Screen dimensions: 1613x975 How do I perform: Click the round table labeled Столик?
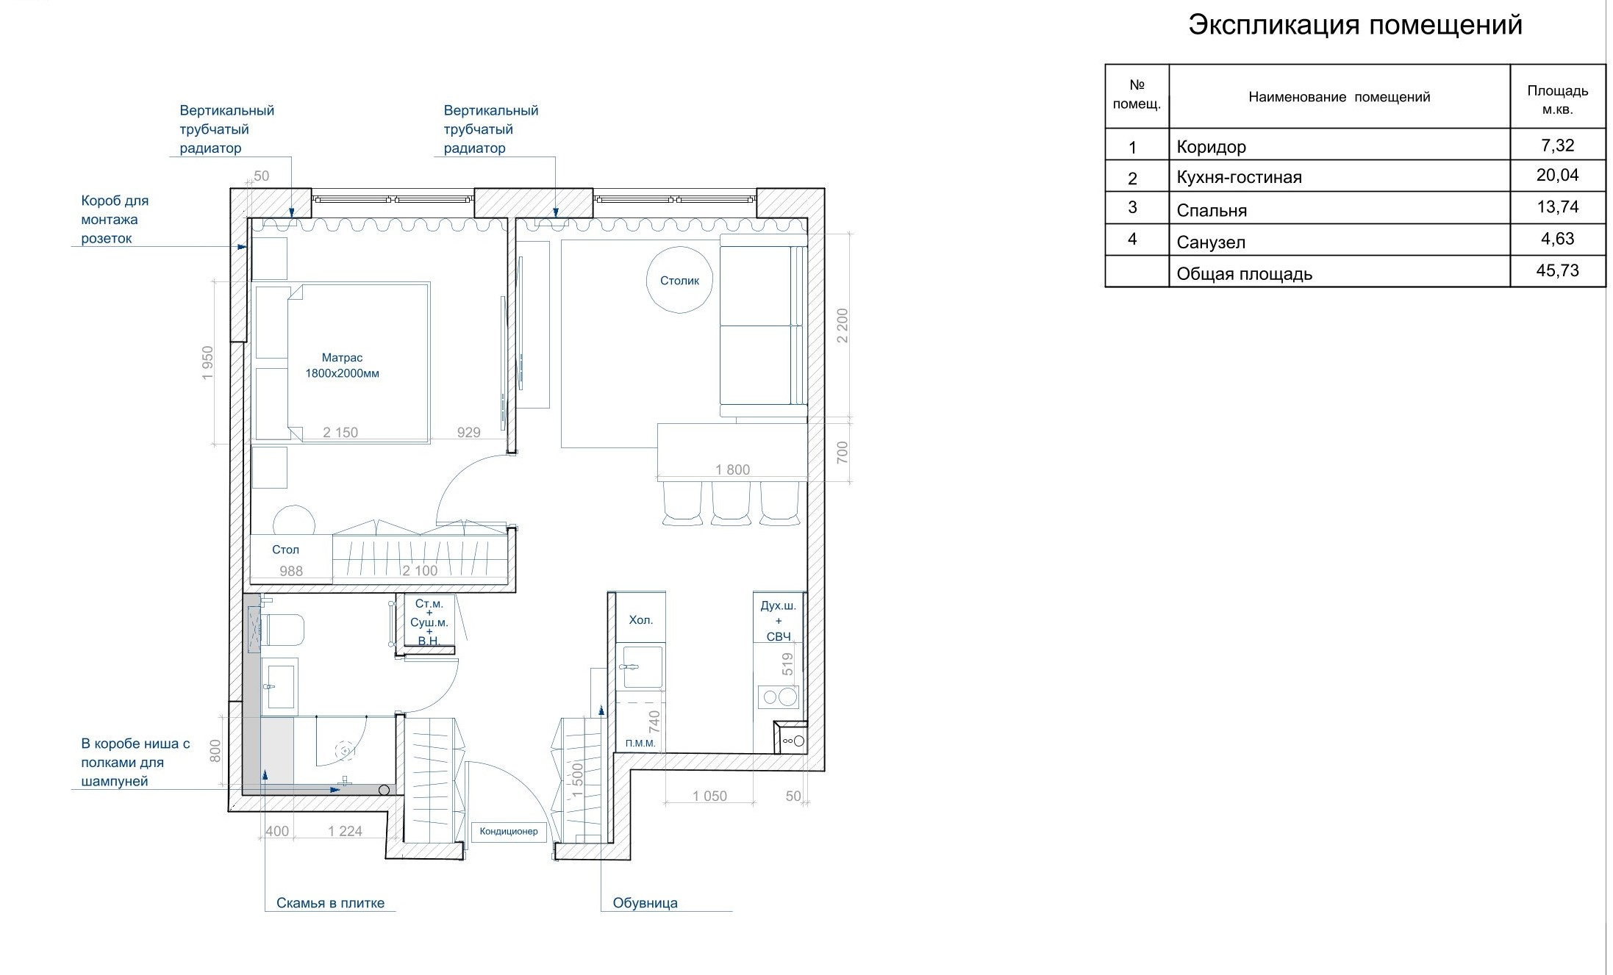(x=679, y=280)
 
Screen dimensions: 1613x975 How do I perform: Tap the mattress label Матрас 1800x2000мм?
(x=342, y=365)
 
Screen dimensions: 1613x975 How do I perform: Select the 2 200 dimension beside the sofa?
(x=843, y=325)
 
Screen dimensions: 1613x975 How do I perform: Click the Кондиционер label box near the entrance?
(x=509, y=832)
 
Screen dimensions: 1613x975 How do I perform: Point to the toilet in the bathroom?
(x=282, y=630)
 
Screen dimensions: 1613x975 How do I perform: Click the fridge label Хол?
(x=640, y=620)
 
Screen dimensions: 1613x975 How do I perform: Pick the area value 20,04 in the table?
(x=1557, y=176)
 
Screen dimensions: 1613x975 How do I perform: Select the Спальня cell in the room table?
(x=1212, y=211)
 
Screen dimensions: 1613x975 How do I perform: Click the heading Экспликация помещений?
(x=1355, y=25)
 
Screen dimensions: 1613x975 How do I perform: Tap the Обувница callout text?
(x=645, y=903)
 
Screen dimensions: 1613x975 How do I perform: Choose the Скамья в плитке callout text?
(x=330, y=903)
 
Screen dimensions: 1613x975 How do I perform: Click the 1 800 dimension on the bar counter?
(x=732, y=469)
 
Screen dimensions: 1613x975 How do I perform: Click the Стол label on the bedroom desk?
(x=285, y=550)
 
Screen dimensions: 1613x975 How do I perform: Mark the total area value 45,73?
(x=1557, y=271)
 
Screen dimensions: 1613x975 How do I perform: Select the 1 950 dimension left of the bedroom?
(x=207, y=362)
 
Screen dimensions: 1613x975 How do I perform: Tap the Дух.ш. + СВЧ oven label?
(x=779, y=621)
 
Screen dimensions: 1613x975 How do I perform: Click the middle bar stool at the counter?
(x=731, y=503)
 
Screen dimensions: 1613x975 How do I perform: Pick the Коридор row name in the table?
(x=1211, y=147)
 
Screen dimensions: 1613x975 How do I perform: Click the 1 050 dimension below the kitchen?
(x=709, y=796)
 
